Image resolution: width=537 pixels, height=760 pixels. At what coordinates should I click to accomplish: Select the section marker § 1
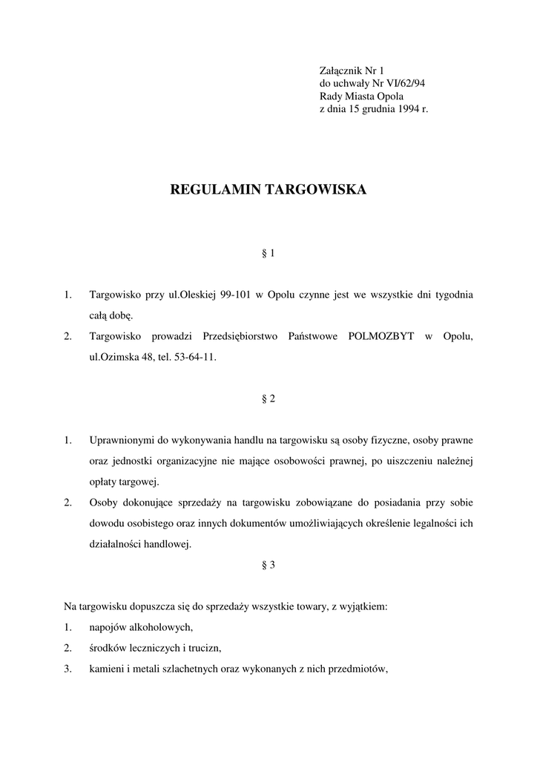tap(268, 254)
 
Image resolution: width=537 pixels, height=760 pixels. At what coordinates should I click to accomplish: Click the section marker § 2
tap(268, 399)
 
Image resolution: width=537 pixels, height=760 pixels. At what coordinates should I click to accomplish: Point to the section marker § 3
tap(268, 565)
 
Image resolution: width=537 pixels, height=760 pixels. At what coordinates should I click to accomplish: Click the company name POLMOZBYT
tap(383, 336)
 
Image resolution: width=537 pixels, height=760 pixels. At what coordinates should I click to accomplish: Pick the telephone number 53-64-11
tap(194, 357)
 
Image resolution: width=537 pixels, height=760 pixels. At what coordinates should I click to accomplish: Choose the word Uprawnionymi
tap(124, 439)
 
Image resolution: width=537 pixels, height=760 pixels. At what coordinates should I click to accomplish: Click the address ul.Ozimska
tap(113, 357)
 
